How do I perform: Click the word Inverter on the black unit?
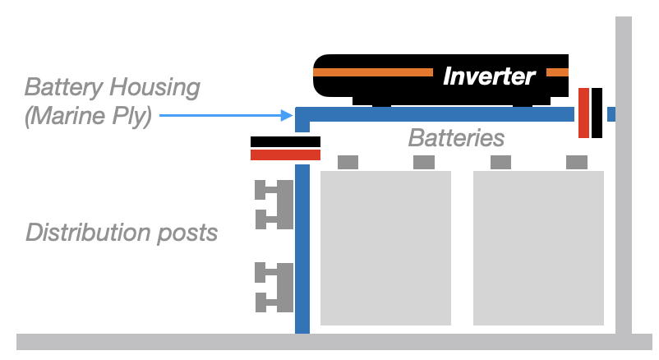(x=489, y=76)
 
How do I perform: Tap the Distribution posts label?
(x=122, y=233)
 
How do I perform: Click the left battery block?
(x=385, y=247)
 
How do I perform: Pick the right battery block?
(x=538, y=247)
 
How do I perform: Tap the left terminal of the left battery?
(x=348, y=162)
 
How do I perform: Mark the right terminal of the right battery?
(x=578, y=162)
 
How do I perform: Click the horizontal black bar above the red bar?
(x=285, y=141)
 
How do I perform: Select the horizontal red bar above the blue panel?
(x=285, y=155)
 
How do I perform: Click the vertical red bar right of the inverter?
(x=583, y=113)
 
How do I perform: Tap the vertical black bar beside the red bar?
(x=597, y=113)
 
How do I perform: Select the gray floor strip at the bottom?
(x=329, y=342)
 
